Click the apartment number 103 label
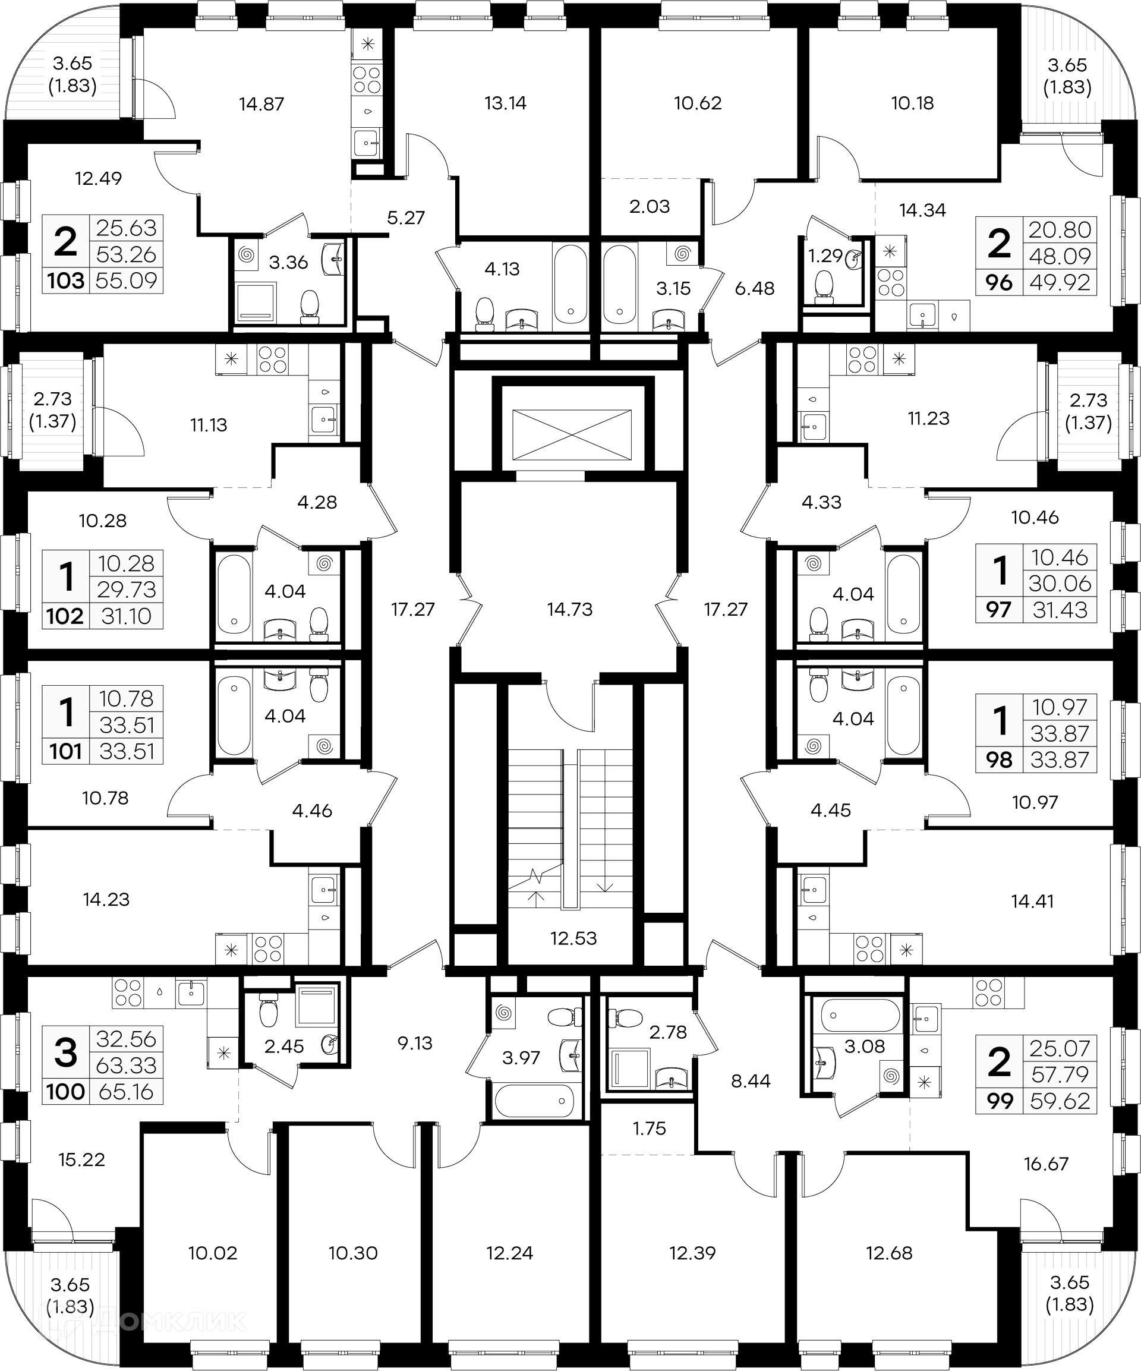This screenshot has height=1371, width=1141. coord(66,281)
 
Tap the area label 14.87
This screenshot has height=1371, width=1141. coord(261,104)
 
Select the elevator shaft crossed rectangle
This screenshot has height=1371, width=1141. coord(571,434)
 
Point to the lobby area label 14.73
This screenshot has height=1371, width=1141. coord(570,609)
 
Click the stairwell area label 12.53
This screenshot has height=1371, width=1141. coord(573,938)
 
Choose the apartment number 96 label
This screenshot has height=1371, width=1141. coord(999,283)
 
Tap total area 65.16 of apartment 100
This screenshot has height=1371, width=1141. coord(126,1091)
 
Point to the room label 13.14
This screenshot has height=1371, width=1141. coord(505,103)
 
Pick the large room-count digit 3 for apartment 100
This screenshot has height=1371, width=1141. coord(66,1053)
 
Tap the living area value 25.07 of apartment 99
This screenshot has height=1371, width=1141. coord(1060,1048)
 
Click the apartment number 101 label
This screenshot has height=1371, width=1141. coord(66,751)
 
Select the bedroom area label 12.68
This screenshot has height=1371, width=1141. coord(889,1253)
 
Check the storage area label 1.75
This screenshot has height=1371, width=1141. coord(649,1128)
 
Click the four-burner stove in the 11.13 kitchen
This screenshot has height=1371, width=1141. coord(272,358)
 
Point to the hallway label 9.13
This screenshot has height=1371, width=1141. coord(415,1042)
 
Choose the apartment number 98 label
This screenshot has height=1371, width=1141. coord(999,760)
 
